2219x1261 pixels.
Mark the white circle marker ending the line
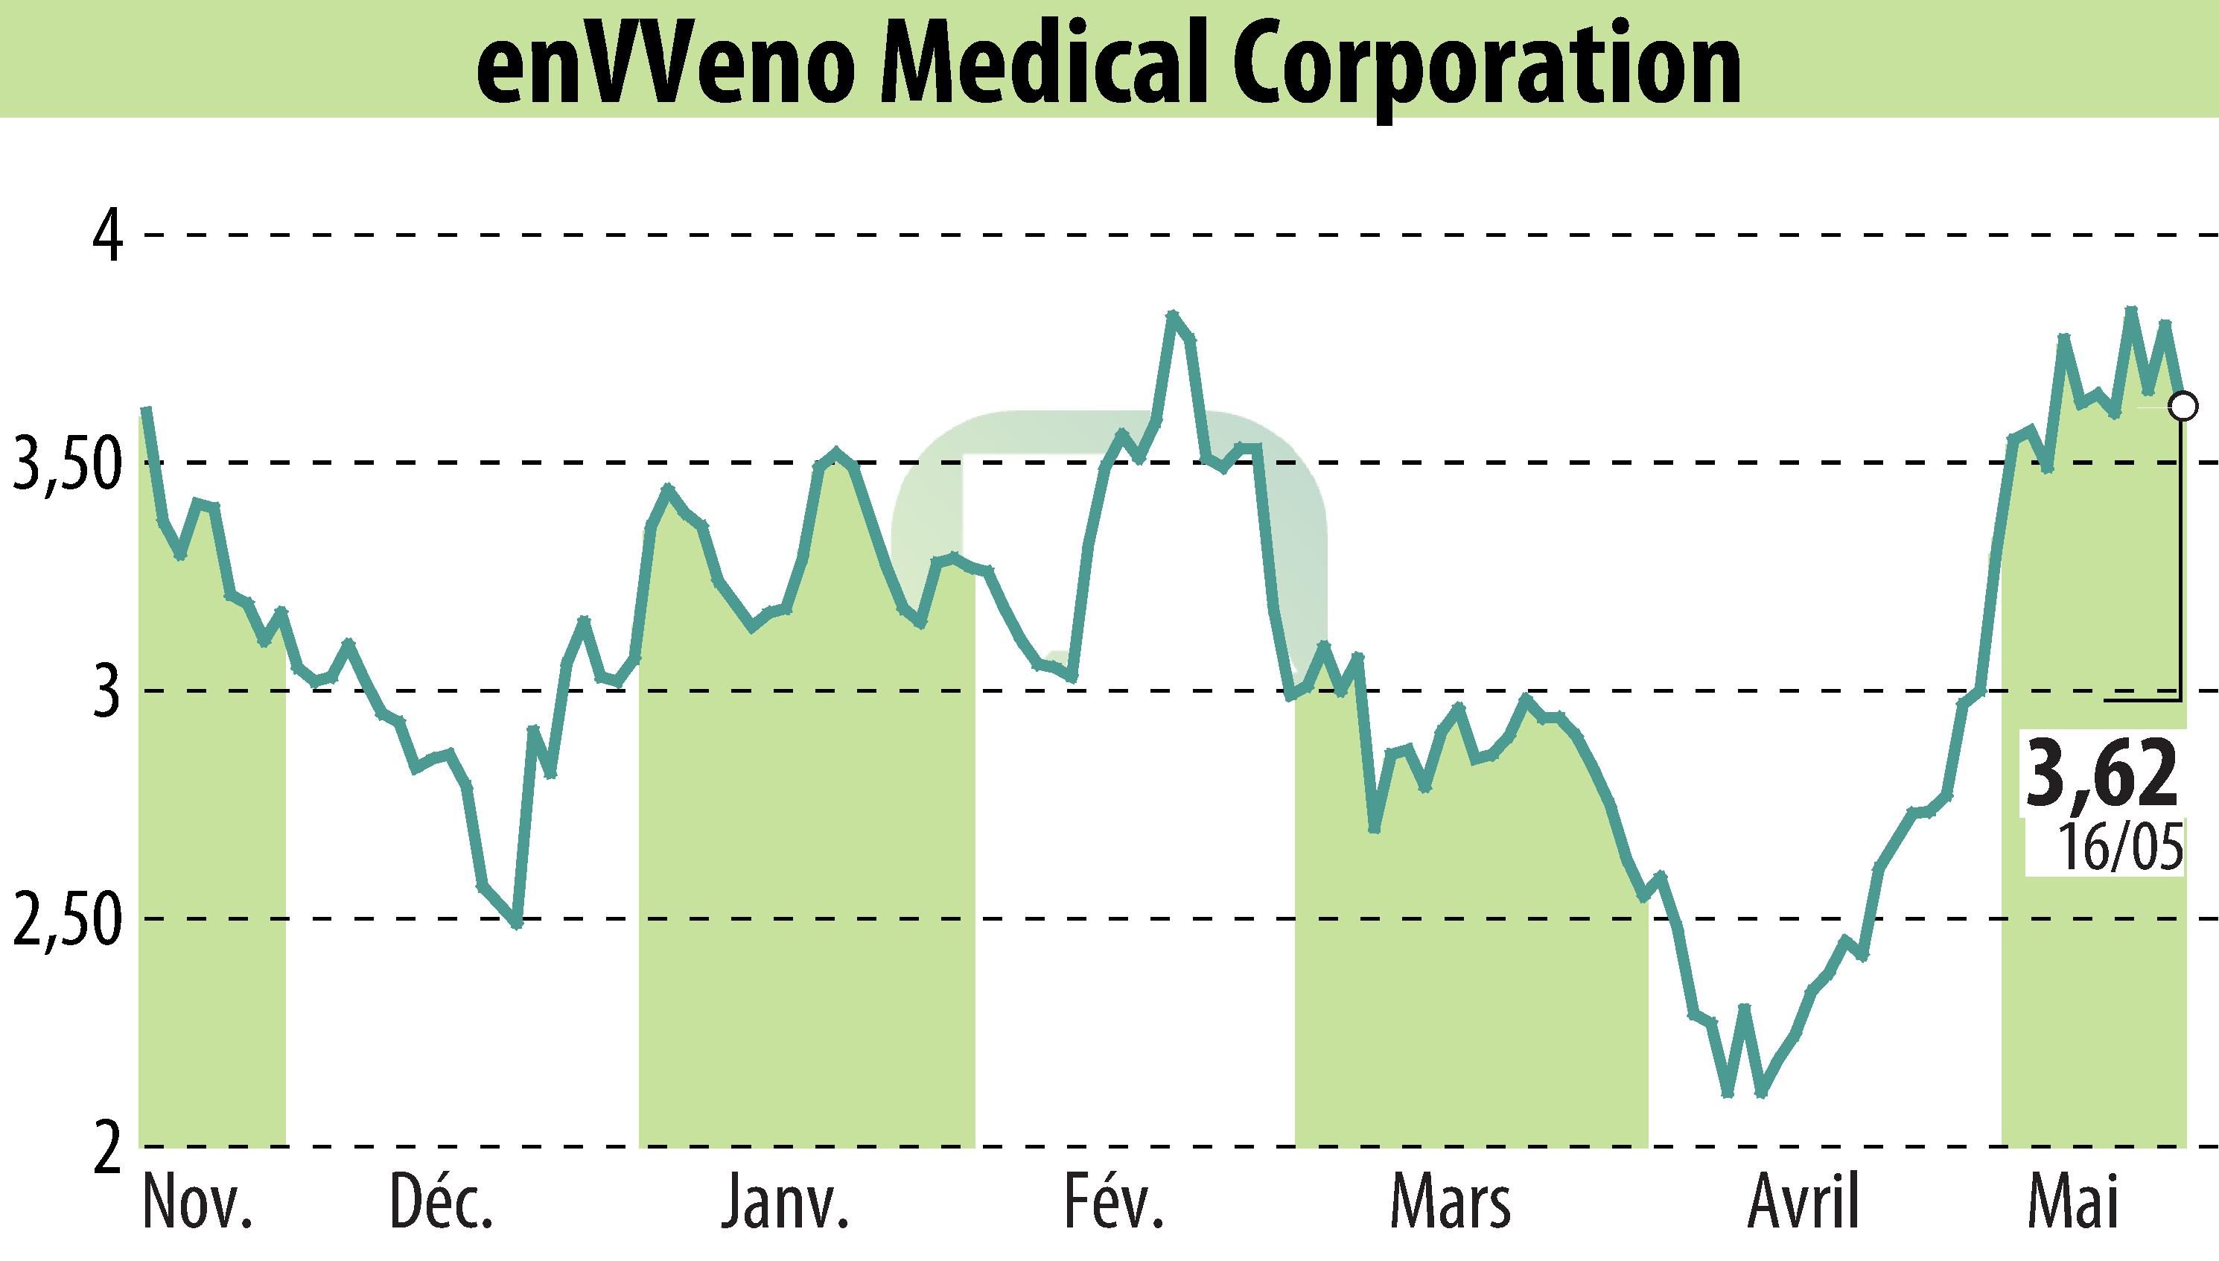click(2183, 405)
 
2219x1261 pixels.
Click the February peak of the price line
click(1172, 315)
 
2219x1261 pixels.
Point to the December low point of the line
click(517, 924)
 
